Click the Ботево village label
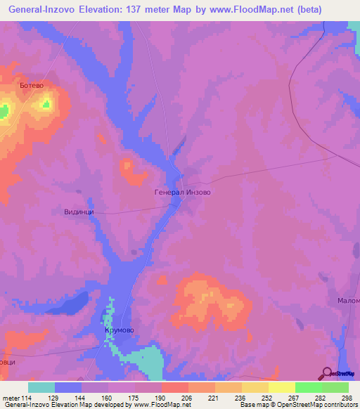click(32, 86)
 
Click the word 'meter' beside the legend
click(11, 398)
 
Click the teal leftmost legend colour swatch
click(41, 387)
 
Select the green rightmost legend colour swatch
click(335, 387)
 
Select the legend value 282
click(322, 398)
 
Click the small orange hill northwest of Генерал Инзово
click(129, 167)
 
